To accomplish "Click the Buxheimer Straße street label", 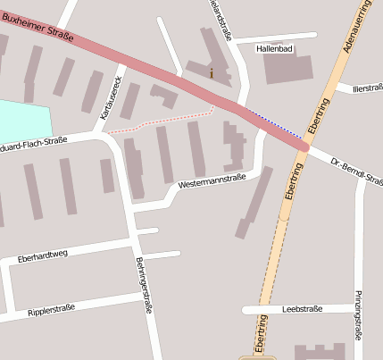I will pyautogui.click(x=37, y=25).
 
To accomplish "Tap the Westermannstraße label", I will pyautogui.click(x=212, y=181).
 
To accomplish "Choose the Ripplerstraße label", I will pyautogui.click(x=52, y=308).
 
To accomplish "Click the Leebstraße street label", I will pyautogui.click(x=301, y=309).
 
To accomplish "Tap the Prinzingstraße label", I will pyautogui.click(x=359, y=314).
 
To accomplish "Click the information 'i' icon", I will pyautogui.click(x=212, y=73).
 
